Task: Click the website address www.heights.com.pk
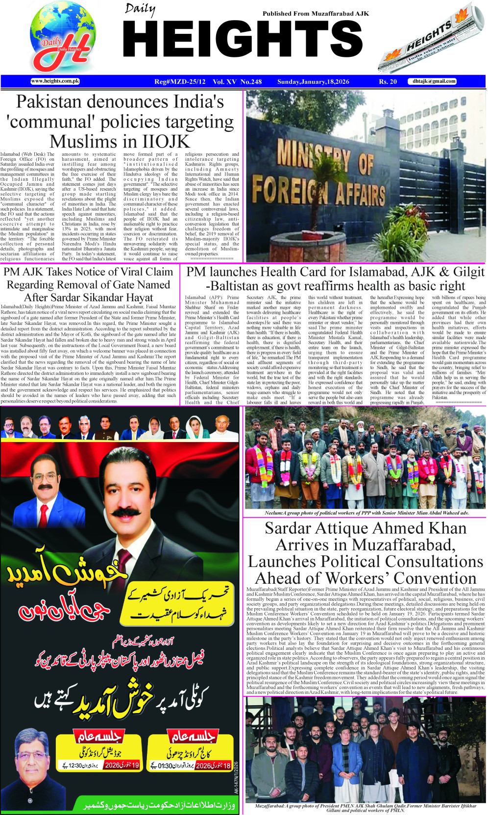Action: (x=55, y=81)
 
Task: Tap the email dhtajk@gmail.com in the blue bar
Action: (x=434, y=81)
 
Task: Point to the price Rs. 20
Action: (x=388, y=82)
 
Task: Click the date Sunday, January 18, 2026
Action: (x=313, y=82)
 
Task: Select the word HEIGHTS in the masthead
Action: (x=243, y=40)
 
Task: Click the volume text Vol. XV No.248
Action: (x=237, y=82)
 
